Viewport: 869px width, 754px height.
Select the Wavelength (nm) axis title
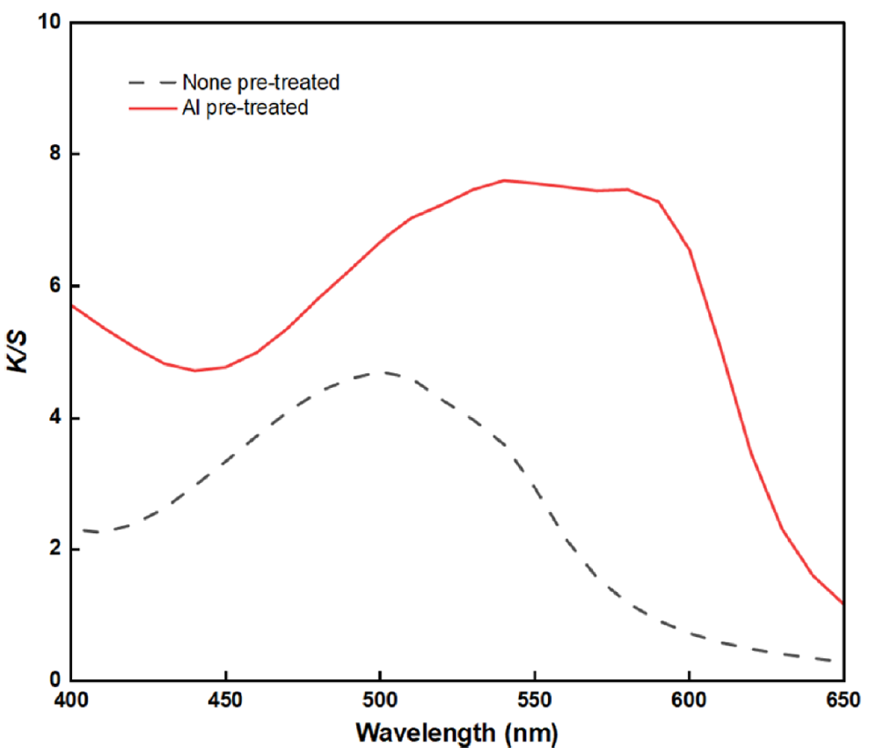[456, 732]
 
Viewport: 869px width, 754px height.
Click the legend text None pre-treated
[260, 84]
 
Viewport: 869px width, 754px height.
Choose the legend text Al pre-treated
[245, 109]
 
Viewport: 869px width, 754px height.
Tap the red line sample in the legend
[150, 109]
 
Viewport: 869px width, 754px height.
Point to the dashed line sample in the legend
[150, 84]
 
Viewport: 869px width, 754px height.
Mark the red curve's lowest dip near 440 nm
[194, 370]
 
